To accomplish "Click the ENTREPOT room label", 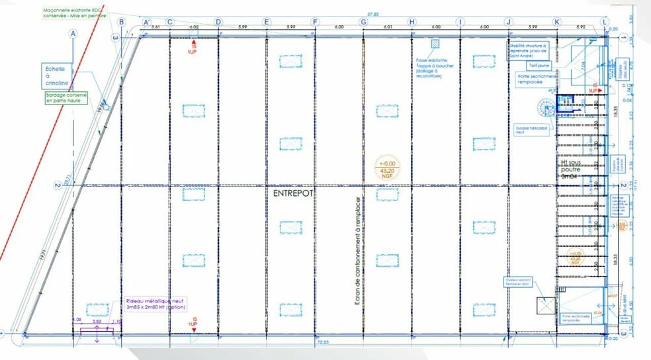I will [292, 193].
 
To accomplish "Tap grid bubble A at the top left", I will [73, 32].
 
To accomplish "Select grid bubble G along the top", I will [363, 22].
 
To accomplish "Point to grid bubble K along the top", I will [557, 22].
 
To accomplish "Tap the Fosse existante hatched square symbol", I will [435, 44].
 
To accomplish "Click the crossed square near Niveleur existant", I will [545, 304].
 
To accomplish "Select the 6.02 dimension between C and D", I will [194, 27].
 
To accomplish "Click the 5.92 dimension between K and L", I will [581, 27].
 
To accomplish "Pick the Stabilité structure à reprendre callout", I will [527, 52].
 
